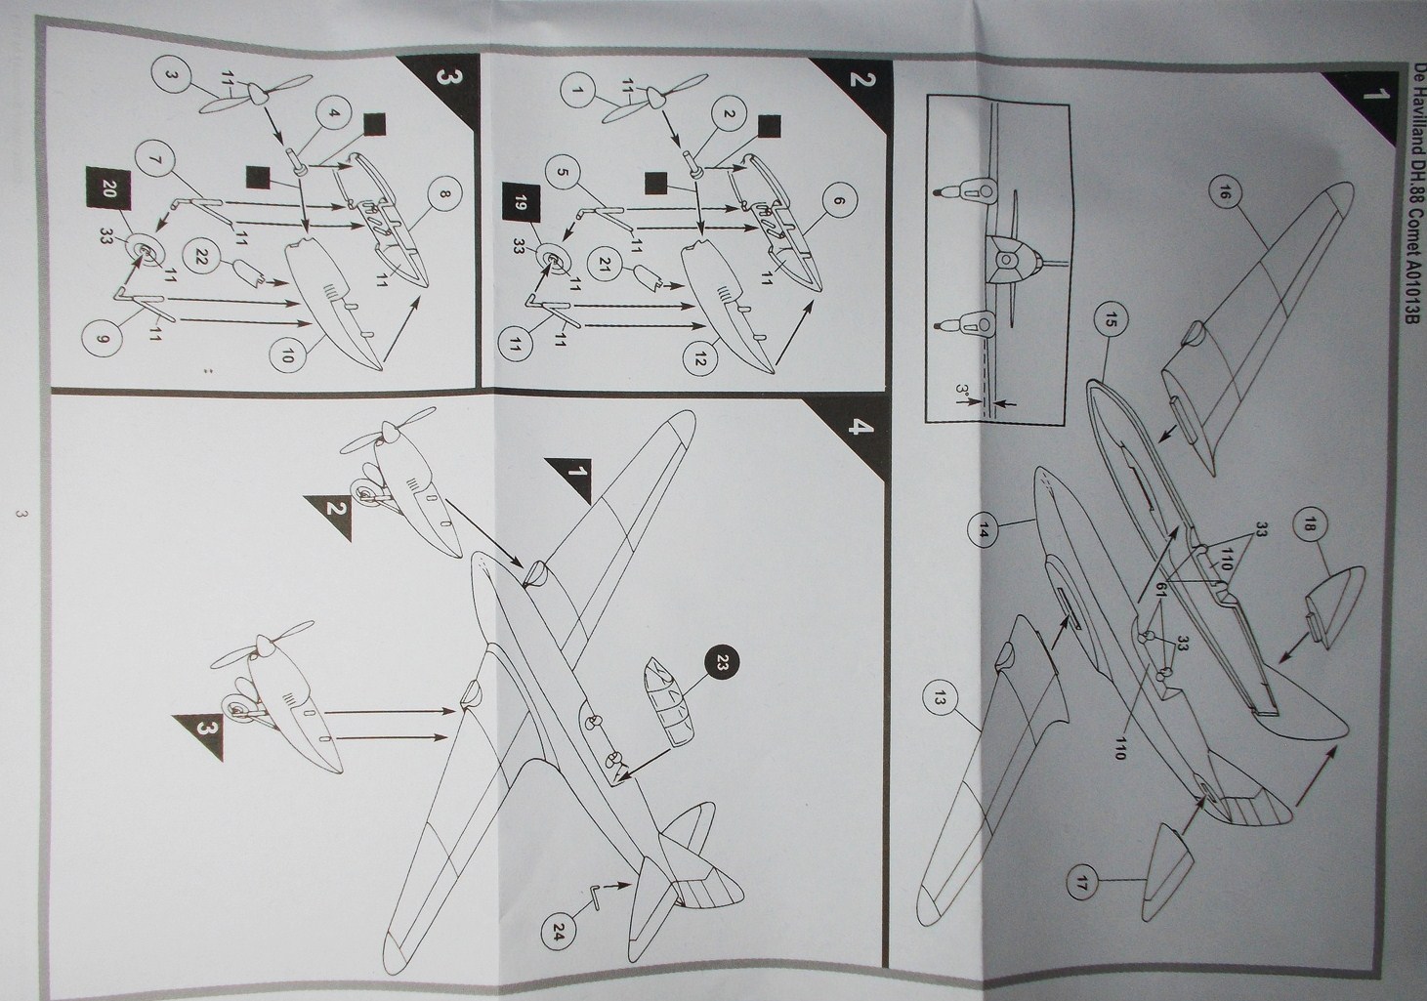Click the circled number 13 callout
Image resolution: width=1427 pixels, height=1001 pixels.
(x=941, y=698)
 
